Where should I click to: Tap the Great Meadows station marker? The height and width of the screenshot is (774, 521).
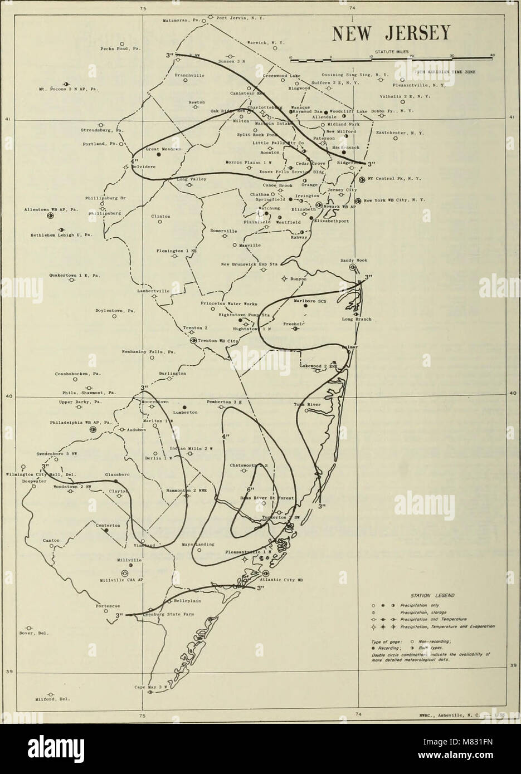159,155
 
